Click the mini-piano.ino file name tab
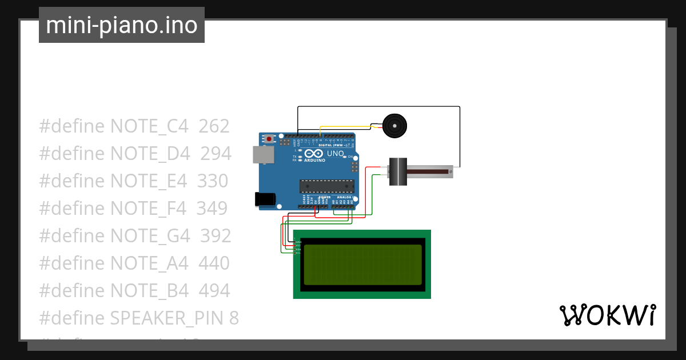tap(121, 26)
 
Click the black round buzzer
tap(393, 125)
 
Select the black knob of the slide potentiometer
tap(397, 171)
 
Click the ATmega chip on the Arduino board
tap(326, 185)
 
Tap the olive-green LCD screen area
tap(362, 265)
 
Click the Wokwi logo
tap(607, 315)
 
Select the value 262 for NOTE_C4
tap(214, 126)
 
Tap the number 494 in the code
tap(214, 291)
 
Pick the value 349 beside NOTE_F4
tap(212, 209)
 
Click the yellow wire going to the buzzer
tap(343, 127)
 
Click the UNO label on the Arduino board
tap(335, 154)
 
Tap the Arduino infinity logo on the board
tap(314, 154)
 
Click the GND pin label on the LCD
tap(298, 242)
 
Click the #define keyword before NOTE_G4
tap(72, 236)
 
